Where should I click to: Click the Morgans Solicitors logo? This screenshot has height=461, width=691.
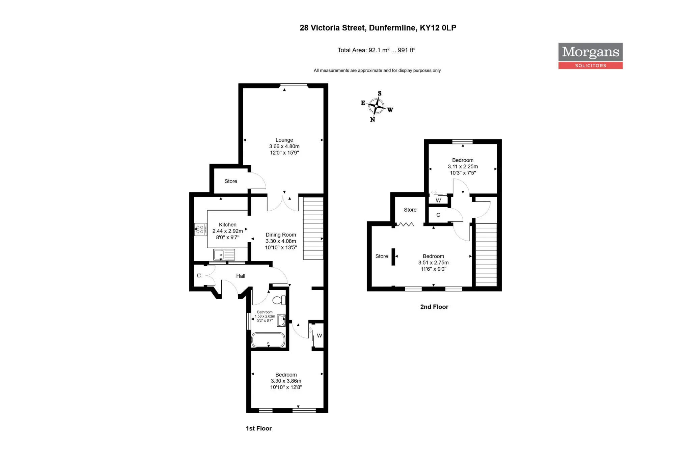click(x=590, y=56)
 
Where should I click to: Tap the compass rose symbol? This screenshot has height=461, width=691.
click(x=376, y=106)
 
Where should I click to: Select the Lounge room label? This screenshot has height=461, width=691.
click(x=284, y=140)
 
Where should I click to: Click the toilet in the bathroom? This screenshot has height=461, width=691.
click(x=279, y=300)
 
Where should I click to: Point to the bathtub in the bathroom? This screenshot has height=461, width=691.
click(x=268, y=340)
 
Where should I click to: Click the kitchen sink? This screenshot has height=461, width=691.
click(x=224, y=254)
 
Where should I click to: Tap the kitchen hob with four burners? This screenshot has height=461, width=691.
click(x=200, y=229)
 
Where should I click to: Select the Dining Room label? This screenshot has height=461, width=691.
click(x=281, y=235)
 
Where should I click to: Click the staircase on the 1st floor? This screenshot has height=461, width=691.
click(x=313, y=228)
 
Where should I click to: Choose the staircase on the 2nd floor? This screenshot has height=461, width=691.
click(x=486, y=255)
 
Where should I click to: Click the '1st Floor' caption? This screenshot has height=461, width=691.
click(x=259, y=429)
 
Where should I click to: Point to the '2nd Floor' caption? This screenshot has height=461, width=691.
click(x=434, y=307)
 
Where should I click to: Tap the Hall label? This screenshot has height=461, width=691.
click(x=241, y=276)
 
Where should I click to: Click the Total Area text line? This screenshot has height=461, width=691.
click(x=377, y=50)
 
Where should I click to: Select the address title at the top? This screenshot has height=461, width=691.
click(x=378, y=28)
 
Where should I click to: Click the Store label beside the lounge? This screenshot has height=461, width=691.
click(x=231, y=181)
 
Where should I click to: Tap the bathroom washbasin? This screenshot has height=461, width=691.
click(x=281, y=321)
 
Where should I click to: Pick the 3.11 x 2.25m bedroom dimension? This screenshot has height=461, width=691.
click(x=463, y=167)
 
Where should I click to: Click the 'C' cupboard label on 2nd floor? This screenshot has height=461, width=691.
click(x=438, y=215)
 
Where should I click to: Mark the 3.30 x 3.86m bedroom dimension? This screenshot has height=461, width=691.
click(x=286, y=381)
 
